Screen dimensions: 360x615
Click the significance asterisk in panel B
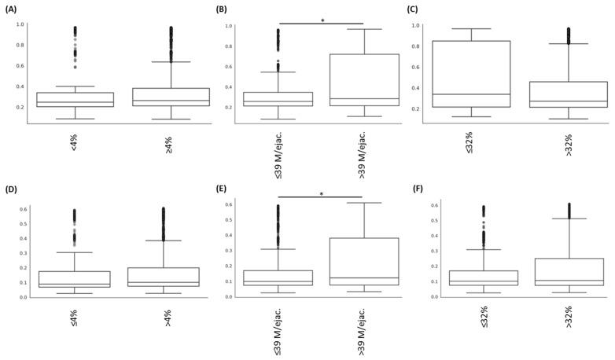tap(322, 21)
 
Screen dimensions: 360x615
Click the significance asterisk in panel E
tap(322, 194)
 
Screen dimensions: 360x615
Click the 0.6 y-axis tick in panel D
tap(24, 208)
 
